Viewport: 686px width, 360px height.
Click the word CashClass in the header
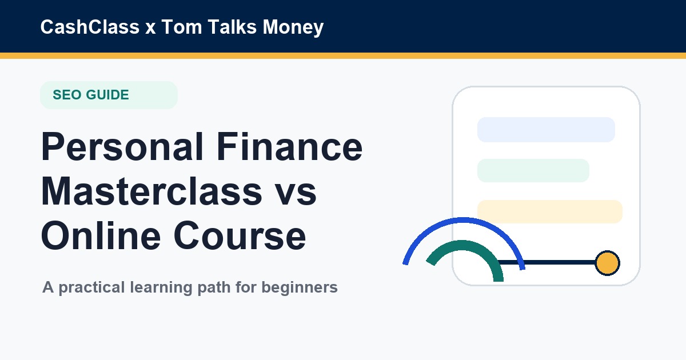click(x=90, y=27)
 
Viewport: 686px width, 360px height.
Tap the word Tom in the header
click(x=182, y=27)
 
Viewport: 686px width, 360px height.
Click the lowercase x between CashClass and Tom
click(x=150, y=29)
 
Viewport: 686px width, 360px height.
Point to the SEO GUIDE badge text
click(x=91, y=95)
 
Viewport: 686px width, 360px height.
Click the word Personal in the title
click(x=122, y=146)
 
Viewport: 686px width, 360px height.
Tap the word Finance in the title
click(x=290, y=146)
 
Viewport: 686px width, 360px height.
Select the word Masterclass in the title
click(x=151, y=191)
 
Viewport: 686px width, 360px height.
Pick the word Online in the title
click(x=101, y=235)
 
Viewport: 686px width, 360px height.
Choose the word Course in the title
click(x=240, y=235)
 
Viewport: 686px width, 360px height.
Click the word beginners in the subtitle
click(x=300, y=288)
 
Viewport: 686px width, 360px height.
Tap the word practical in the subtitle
click(x=91, y=288)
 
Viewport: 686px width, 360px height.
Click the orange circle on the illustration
click(x=607, y=263)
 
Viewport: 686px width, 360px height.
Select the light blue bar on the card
click(x=546, y=130)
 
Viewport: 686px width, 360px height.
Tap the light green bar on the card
click(x=533, y=170)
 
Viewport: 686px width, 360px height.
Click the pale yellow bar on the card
click(x=550, y=211)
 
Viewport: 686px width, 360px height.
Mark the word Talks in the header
click(x=233, y=27)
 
